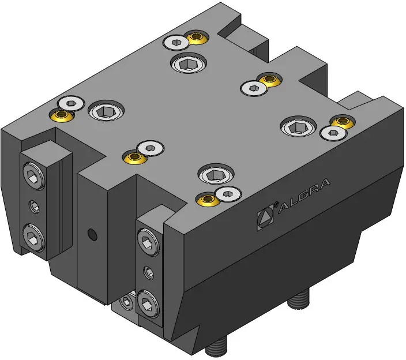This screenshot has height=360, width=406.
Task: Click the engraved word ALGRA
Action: [304, 195]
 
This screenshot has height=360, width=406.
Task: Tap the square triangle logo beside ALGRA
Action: [265, 217]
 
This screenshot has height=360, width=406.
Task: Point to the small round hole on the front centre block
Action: [92, 234]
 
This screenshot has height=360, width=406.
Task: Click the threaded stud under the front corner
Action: [216, 346]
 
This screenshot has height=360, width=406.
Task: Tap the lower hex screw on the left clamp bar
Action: [33, 238]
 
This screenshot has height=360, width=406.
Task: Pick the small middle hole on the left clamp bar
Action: [34, 207]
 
